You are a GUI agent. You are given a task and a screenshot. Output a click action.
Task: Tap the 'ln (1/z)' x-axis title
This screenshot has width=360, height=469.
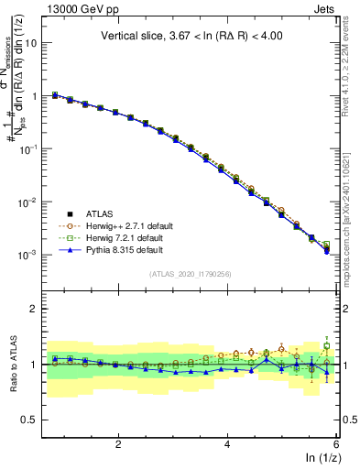pyautogui.click(x=318, y=457)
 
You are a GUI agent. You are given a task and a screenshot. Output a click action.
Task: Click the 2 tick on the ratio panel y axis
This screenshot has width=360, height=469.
pyautogui.click(x=37, y=309)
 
